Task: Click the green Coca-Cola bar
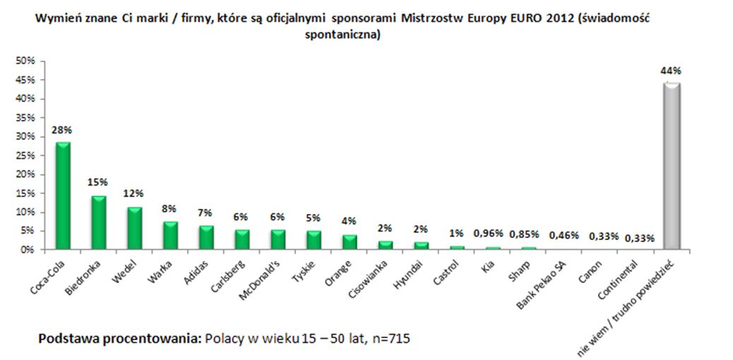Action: click(x=63, y=196)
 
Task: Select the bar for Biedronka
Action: click(x=98, y=222)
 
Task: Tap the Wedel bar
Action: click(x=134, y=228)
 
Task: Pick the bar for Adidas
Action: click(x=205, y=237)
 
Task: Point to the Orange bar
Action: click(x=349, y=242)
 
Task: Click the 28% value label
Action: click(x=62, y=131)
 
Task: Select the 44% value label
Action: click(x=670, y=71)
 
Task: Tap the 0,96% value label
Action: click(x=491, y=234)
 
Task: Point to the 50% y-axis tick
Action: click(x=26, y=61)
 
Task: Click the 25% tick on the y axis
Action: click(x=26, y=155)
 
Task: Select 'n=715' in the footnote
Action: click(x=389, y=339)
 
